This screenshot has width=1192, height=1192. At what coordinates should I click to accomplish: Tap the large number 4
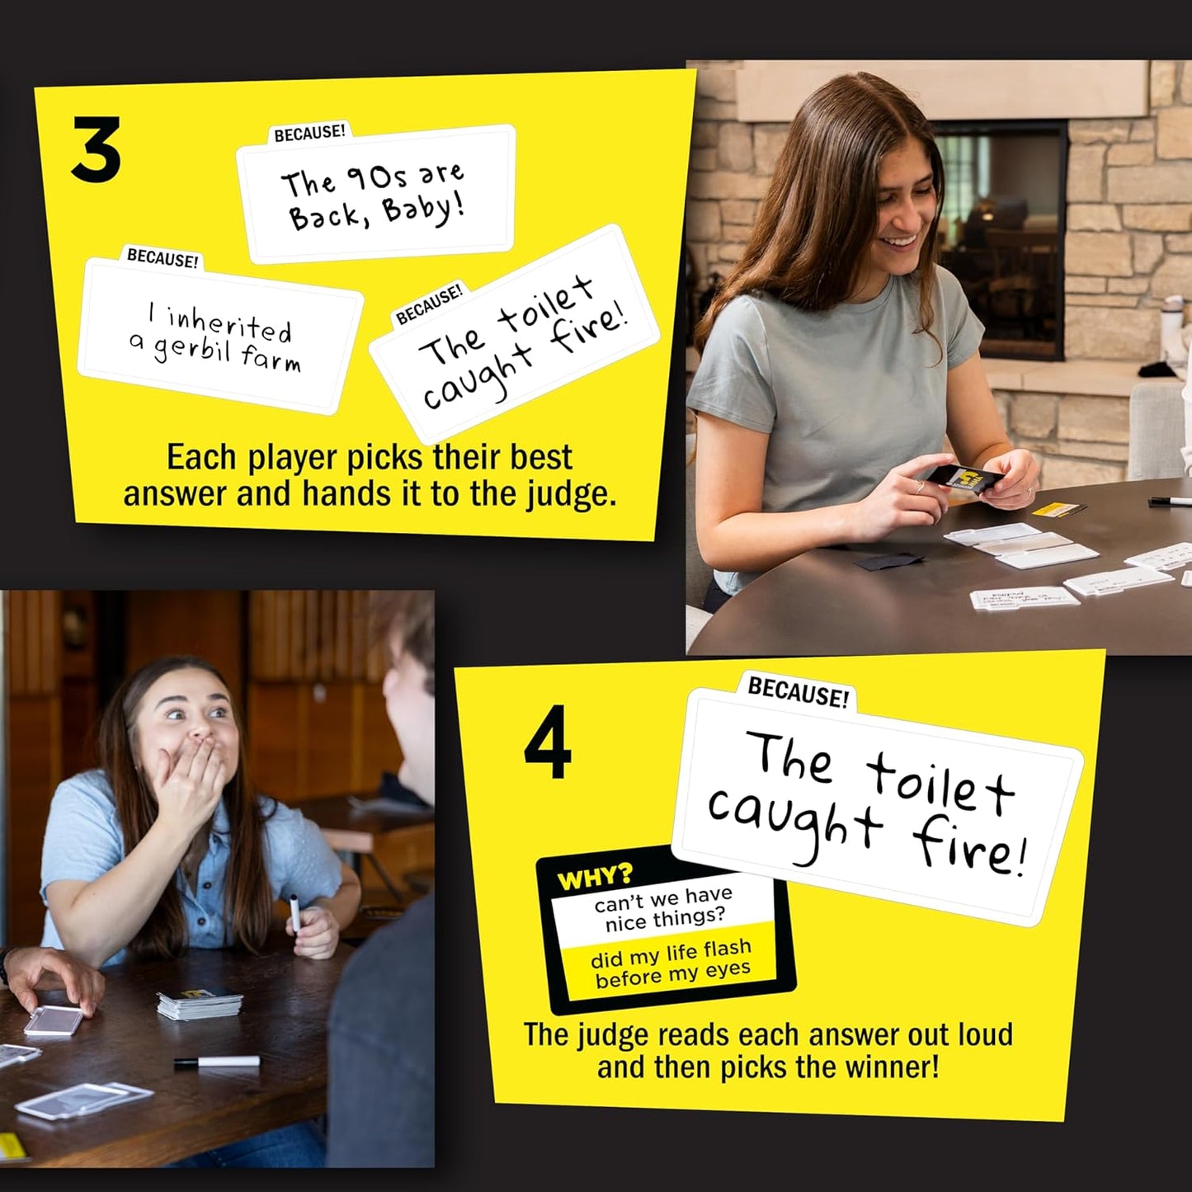(x=548, y=742)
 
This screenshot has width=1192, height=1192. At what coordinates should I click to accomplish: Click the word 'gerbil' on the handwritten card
(x=191, y=350)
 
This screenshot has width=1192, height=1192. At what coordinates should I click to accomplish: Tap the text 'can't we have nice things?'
(x=665, y=908)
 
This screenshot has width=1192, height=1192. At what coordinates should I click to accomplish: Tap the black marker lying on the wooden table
(x=217, y=1062)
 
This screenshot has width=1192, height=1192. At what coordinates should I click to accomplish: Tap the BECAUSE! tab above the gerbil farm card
(x=163, y=258)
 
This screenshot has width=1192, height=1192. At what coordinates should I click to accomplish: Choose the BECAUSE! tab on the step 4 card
(x=798, y=693)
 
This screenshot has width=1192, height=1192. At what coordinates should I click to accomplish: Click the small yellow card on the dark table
(x=1058, y=509)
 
